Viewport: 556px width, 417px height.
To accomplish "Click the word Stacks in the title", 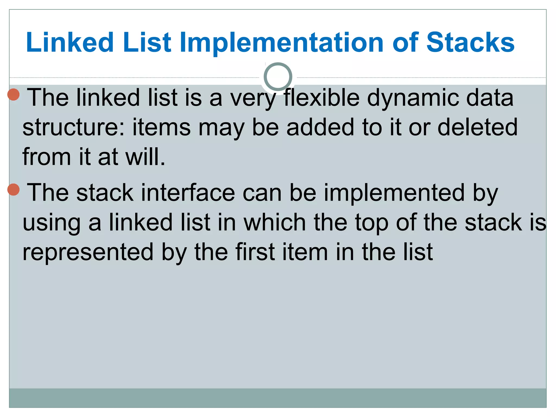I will pyautogui.click(x=470, y=42).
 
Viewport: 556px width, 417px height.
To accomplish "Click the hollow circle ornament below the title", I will pyautogui.click(x=278, y=77).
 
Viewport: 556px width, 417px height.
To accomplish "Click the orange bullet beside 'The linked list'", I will pyautogui.click(x=14, y=94).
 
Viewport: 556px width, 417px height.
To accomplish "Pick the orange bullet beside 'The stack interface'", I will pyautogui.click(x=14, y=189).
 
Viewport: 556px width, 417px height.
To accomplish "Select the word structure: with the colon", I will pyautogui.click(x=74, y=128).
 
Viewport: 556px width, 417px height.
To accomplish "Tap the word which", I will pyautogui.click(x=275, y=223).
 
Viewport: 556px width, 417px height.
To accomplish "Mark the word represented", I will pyautogui.click(x=88, y=253).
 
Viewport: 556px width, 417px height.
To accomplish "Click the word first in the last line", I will pyautogui.click(x=255, y=252).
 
